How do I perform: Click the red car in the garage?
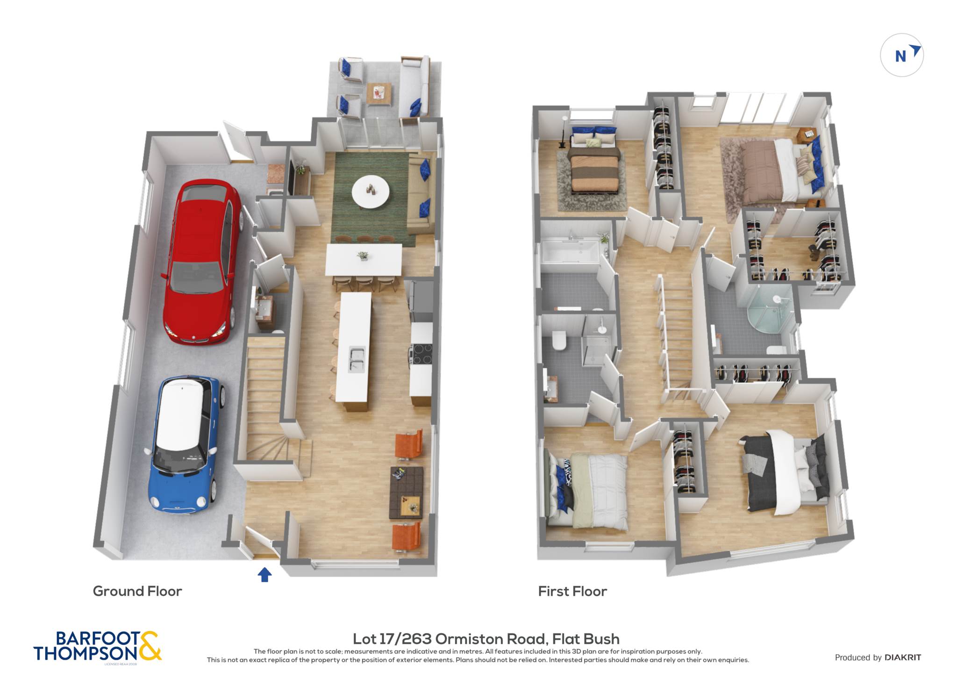[x=201, y=262]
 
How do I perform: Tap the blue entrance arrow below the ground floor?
[x=264, y=574]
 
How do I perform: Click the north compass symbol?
[x=902, y=55]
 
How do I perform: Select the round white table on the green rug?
[x=371, y=191]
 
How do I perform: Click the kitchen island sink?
[x=357, y=359]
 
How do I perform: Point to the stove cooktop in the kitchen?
[x=421, y=353]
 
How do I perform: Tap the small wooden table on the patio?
[x=379, y=93]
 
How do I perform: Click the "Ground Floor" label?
[x=137, y=591]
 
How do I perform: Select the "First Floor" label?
[x=572, y=591]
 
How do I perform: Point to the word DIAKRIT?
[x=903, y=657]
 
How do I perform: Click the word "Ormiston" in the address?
[x=490, y=639]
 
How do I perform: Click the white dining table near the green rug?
[x=364, y=259]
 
